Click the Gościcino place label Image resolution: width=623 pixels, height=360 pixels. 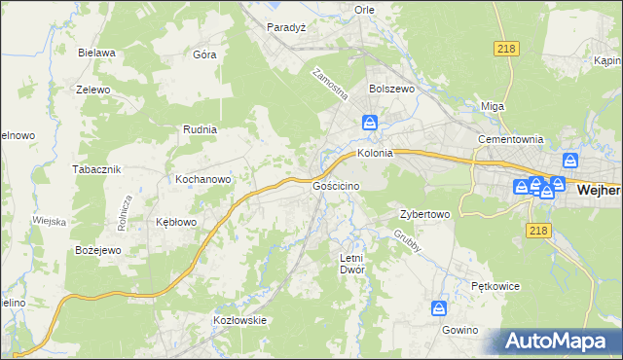pos(337,185)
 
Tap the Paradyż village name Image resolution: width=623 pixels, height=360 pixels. pos(287,27)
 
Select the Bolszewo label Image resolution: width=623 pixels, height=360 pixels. pos(392,88)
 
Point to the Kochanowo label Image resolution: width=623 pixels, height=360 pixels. pos(202,179)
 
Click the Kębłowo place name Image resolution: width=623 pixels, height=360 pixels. pos(177,222)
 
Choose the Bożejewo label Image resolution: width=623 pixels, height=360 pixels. pos(97,250)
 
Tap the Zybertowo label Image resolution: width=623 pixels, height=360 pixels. pos(424,214)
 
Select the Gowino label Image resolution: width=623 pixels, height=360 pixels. pos(459,330)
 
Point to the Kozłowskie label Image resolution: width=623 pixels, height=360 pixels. pos(239,319)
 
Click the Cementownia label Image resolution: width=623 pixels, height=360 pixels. pos(509,139)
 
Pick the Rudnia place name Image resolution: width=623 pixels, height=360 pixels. pos(200,128)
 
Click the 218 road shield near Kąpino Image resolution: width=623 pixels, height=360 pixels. pos(506,48)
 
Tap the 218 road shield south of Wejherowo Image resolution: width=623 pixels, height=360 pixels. pos(536,230)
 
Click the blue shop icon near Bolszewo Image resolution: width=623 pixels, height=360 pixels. pos(371,123)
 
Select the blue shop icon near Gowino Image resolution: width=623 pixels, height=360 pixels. pos(440,308)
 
